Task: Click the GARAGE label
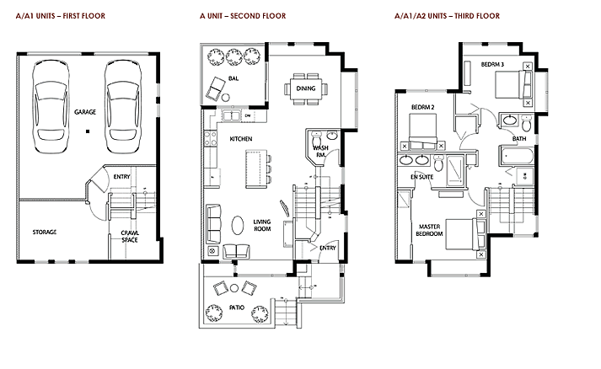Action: [x=85, y=112]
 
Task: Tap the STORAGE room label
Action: [x=45, y=233]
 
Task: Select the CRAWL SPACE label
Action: [x=130, y=237]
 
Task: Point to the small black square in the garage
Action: [x=88, y=131]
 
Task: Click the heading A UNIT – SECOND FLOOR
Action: [x=243, y=16]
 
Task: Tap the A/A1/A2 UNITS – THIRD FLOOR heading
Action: [x=447, y=16]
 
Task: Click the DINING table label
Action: [x=306, y=88]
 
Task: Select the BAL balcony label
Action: [x=233, y=78]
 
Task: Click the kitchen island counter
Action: [x=256, y=169]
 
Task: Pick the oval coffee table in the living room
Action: [x=238, y=225]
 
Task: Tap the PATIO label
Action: [x=237, y=307]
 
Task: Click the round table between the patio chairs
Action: [x=234, y=288]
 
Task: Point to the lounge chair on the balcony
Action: [x=215, y=88]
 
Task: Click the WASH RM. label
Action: [x=321, y=152]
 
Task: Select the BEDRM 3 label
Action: [x=492, y=64]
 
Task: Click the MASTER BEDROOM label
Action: [x=429, y=230]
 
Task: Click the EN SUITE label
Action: [x=422, y=177]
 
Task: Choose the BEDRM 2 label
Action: [x=423, y=107]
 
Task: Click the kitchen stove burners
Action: [x=211, y=138]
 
